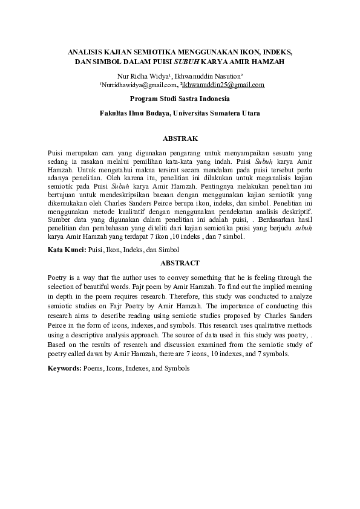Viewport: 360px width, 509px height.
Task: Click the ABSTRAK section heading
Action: point(180,138)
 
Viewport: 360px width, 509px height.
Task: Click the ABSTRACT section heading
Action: point(180,263)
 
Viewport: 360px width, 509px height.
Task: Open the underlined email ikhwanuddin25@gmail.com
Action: point(227,85)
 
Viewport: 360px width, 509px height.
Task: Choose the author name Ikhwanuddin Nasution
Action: point(200,76)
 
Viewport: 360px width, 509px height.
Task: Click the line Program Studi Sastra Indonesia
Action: point(180,98)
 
